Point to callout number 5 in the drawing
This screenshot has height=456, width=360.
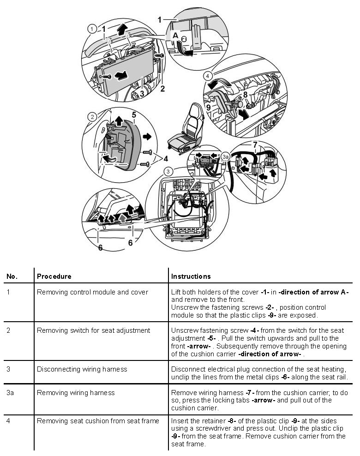click(133, 114)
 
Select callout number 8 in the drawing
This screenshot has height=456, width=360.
click(246, 95)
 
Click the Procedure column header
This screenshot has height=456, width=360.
click(54, 276)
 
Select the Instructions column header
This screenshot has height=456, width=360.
click(191, 276)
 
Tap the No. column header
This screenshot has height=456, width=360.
click(12, 276)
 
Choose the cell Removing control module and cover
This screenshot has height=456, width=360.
click(92, 292)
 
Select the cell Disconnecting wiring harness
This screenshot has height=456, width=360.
click(82, 369)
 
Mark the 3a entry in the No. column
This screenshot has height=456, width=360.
click(11, 393)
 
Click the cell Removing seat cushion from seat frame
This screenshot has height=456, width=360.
click(98, 420)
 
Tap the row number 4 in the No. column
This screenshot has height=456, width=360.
click(9, 420)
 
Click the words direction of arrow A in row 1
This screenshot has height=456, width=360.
click(314, 292)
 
